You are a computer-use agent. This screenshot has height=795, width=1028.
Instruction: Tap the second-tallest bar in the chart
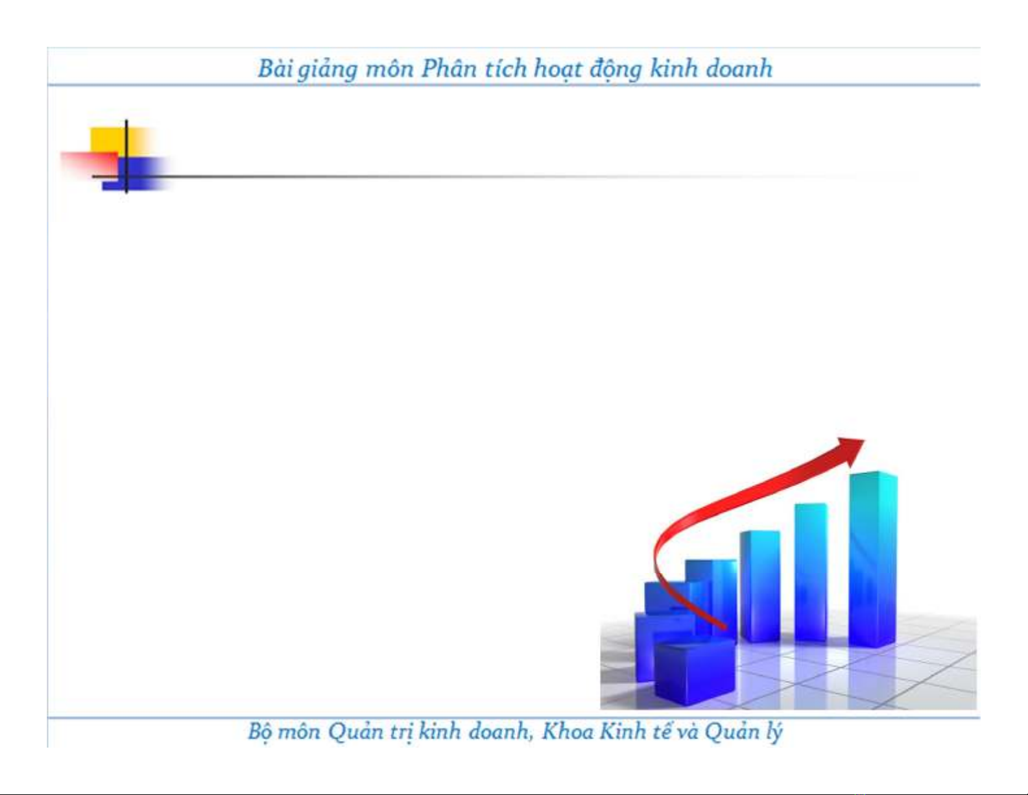pos(811,572)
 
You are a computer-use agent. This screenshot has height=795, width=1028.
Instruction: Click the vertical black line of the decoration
pos(126,156)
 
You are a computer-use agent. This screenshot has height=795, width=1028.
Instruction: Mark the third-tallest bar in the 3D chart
pos(759,586)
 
